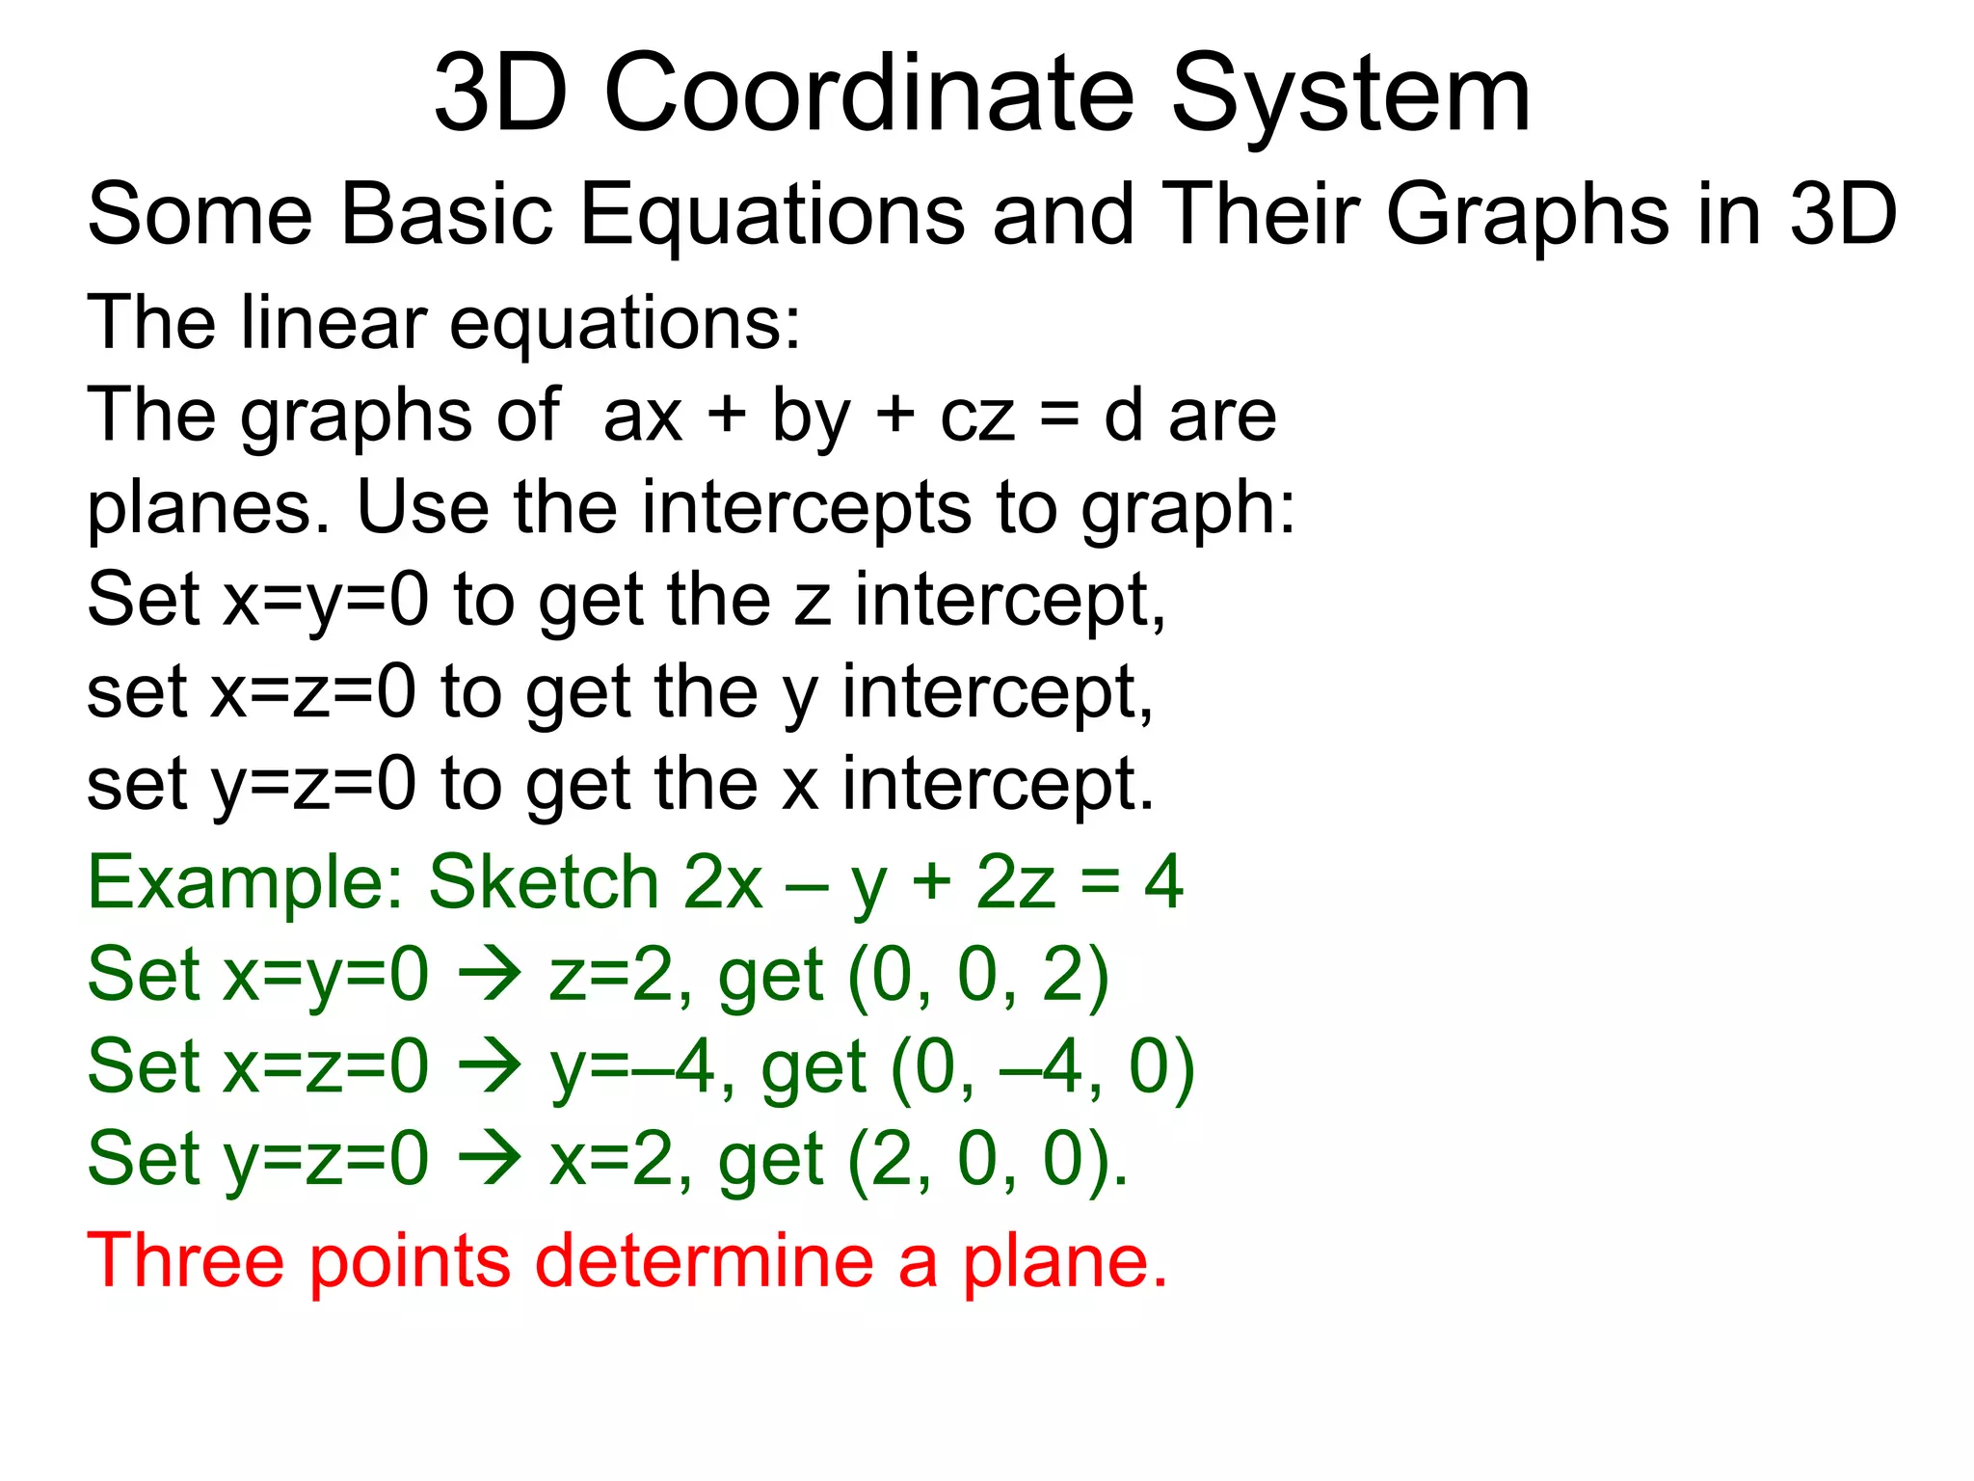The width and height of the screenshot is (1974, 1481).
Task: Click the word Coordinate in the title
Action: click(x=868, y=94)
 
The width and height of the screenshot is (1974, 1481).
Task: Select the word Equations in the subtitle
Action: click(x=772, y=214)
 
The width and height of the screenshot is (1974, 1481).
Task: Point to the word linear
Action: click(x=333, y=322)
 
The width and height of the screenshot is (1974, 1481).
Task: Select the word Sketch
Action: click(x=544, y=881)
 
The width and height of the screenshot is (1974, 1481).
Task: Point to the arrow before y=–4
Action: click(x=490, y=1068)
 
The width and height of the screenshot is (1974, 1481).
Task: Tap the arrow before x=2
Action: click(x=490, y=1160)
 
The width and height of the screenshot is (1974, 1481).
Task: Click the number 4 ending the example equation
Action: click(x=1163, y=881)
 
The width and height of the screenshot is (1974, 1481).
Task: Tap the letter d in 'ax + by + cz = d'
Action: click(x=1123, y=417)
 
